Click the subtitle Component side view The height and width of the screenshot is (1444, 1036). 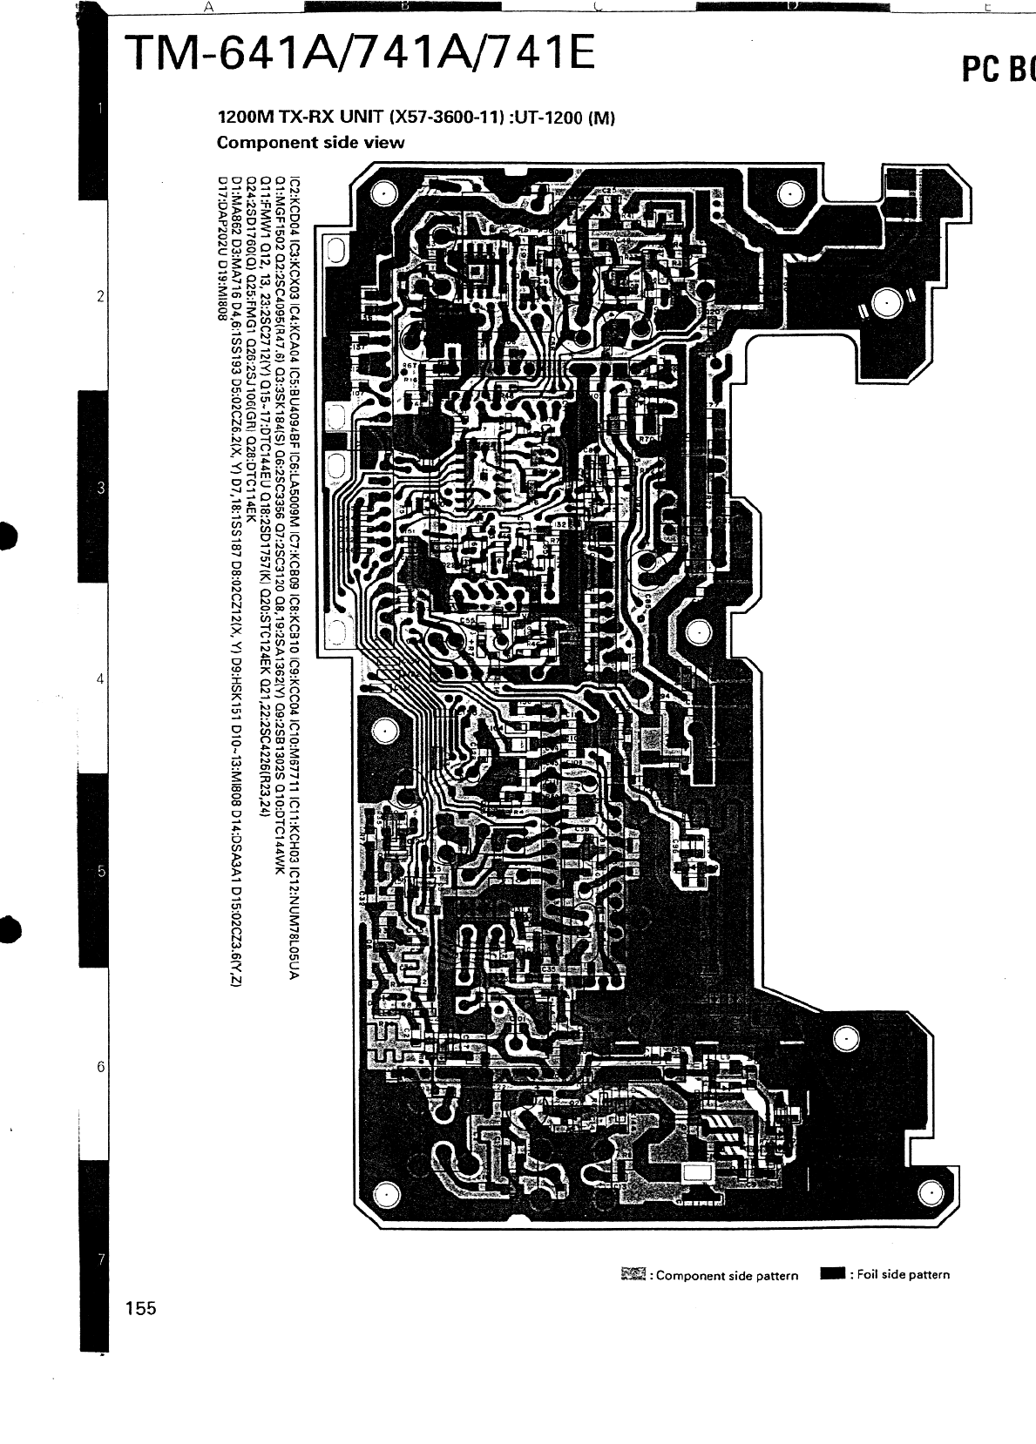310,142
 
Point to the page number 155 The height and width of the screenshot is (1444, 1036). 140,1307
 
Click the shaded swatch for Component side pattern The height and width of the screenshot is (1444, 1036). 633,1275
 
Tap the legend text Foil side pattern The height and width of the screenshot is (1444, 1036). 904,1275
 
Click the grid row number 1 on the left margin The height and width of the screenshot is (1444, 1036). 101,109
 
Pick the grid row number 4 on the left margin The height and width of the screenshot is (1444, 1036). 101,678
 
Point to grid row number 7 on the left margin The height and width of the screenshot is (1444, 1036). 101,1259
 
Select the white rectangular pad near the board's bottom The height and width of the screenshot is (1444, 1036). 698,1173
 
